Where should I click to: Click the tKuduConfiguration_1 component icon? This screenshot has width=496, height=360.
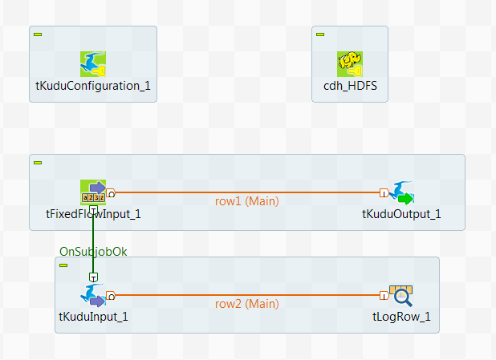point(93,64)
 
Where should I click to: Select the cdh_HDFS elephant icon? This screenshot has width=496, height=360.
point(350,64)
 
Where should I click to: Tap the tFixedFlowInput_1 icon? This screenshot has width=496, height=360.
point(93,192)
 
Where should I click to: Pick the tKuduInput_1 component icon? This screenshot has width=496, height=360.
point(93,295)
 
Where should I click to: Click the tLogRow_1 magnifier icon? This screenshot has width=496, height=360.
point(401,296)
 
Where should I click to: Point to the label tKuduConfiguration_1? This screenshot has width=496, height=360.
point(93,86)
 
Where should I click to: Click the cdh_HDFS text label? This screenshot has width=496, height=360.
point(350,86)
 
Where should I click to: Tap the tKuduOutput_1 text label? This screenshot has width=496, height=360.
point(401,214)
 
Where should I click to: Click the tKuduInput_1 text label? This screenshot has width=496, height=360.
point(93,316)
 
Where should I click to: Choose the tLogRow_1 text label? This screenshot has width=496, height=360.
point(401,316)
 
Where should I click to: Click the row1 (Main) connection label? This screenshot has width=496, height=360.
point(247,200)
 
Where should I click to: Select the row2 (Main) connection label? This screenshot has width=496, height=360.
point(247,303)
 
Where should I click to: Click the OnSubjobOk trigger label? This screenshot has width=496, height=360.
point(93,251)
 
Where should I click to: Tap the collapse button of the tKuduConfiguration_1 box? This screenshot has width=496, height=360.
point(38,34)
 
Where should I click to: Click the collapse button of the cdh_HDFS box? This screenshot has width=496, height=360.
point(320,34)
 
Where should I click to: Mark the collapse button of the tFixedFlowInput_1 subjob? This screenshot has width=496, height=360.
point(38,163)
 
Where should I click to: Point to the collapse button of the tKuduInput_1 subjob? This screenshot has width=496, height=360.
point(63,265)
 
